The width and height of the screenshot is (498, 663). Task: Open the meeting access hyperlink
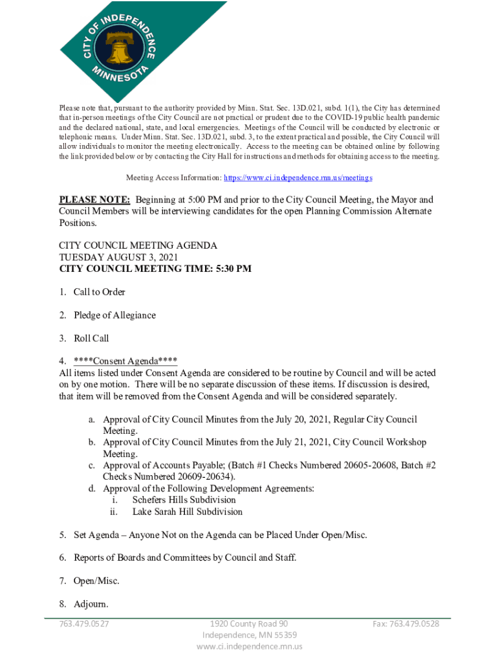point(298,177)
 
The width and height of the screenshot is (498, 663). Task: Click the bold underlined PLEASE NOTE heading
point(95,200)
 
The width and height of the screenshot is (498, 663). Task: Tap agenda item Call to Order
point(99,292)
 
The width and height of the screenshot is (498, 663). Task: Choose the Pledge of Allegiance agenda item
point(114,315)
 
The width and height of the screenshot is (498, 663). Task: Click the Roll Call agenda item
point(91,339)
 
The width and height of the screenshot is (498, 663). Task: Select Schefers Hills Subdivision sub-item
point(184,500)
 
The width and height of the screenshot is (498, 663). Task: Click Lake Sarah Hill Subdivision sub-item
point(188,511)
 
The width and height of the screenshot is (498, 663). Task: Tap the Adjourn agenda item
point(91,604)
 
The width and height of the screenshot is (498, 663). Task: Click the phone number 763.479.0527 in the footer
point(84,624)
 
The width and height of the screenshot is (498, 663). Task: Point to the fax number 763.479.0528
point(406,624)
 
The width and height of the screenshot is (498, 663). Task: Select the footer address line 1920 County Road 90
point(249,624)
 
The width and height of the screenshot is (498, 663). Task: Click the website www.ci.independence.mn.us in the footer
point(249,647)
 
